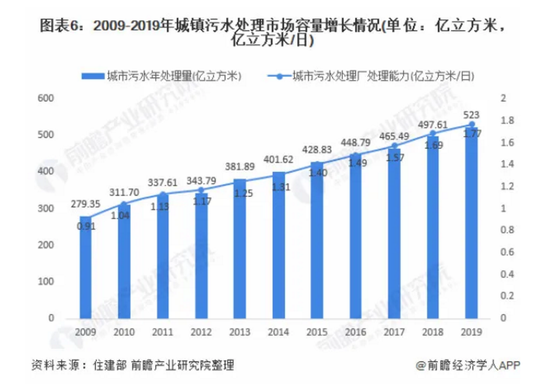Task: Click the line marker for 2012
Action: [x=202, y=190]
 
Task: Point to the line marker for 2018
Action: [x=433, y=133]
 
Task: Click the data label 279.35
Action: [x=85, y=205]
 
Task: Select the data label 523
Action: [x=472, y=115]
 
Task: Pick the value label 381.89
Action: [x=240, y=167]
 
